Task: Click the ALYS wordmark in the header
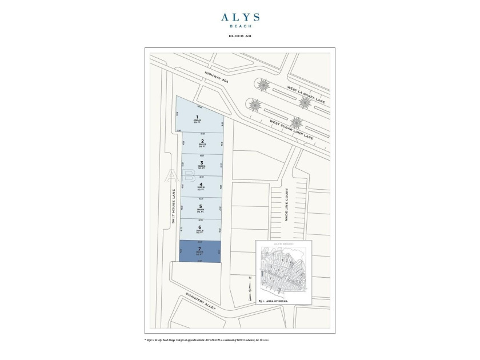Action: coord(240,18)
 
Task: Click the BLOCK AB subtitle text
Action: coord(240,35)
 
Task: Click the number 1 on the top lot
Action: coord(197,117)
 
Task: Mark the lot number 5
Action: coord(201,206)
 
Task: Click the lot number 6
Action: coord(200,227)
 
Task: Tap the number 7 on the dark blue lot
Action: coord(199,249)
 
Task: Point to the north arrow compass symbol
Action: coord(250,290)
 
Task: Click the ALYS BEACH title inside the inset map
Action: coord(283,243)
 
